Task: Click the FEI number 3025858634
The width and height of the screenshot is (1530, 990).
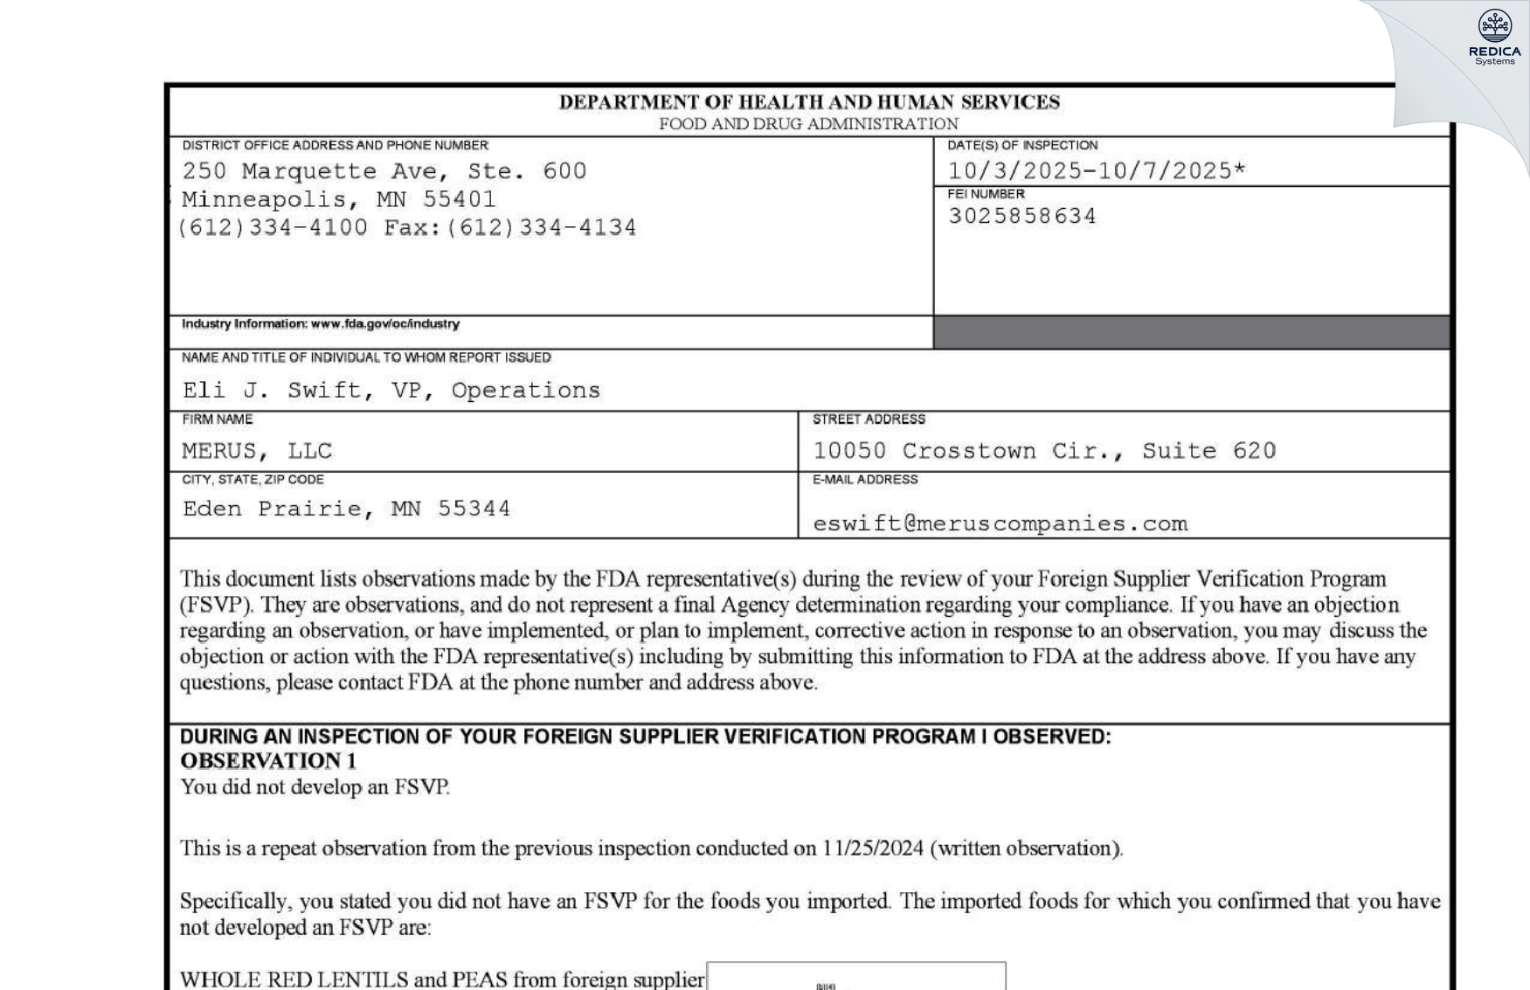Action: point(1021,216)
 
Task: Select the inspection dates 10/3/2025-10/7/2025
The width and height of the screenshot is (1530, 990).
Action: point(1096,170)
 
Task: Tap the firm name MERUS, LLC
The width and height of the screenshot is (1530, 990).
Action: point(257,451)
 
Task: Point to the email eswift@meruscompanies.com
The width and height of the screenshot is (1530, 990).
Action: point(1000,523)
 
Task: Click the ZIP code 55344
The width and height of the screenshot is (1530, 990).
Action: point(474,509)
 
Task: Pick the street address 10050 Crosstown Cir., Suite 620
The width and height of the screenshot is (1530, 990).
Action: point(1044,451)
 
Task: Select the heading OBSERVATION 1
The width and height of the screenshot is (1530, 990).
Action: point(268,761)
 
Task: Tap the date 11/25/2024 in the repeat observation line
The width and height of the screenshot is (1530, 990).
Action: point(872,848)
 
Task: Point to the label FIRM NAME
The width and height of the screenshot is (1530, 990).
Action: point(218,419)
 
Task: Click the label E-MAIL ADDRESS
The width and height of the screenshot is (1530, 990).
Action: point(864,480)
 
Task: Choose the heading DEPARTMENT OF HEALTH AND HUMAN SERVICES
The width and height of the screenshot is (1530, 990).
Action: point(809,102)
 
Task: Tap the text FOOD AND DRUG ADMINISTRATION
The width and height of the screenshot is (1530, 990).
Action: point(808,124)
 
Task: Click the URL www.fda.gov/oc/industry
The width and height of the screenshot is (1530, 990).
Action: point(384,324)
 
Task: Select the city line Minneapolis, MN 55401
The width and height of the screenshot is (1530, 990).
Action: point(339,199)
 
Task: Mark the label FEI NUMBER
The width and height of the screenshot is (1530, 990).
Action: point(986,194)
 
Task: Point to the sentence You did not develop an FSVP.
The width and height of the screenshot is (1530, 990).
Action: point(315,787)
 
